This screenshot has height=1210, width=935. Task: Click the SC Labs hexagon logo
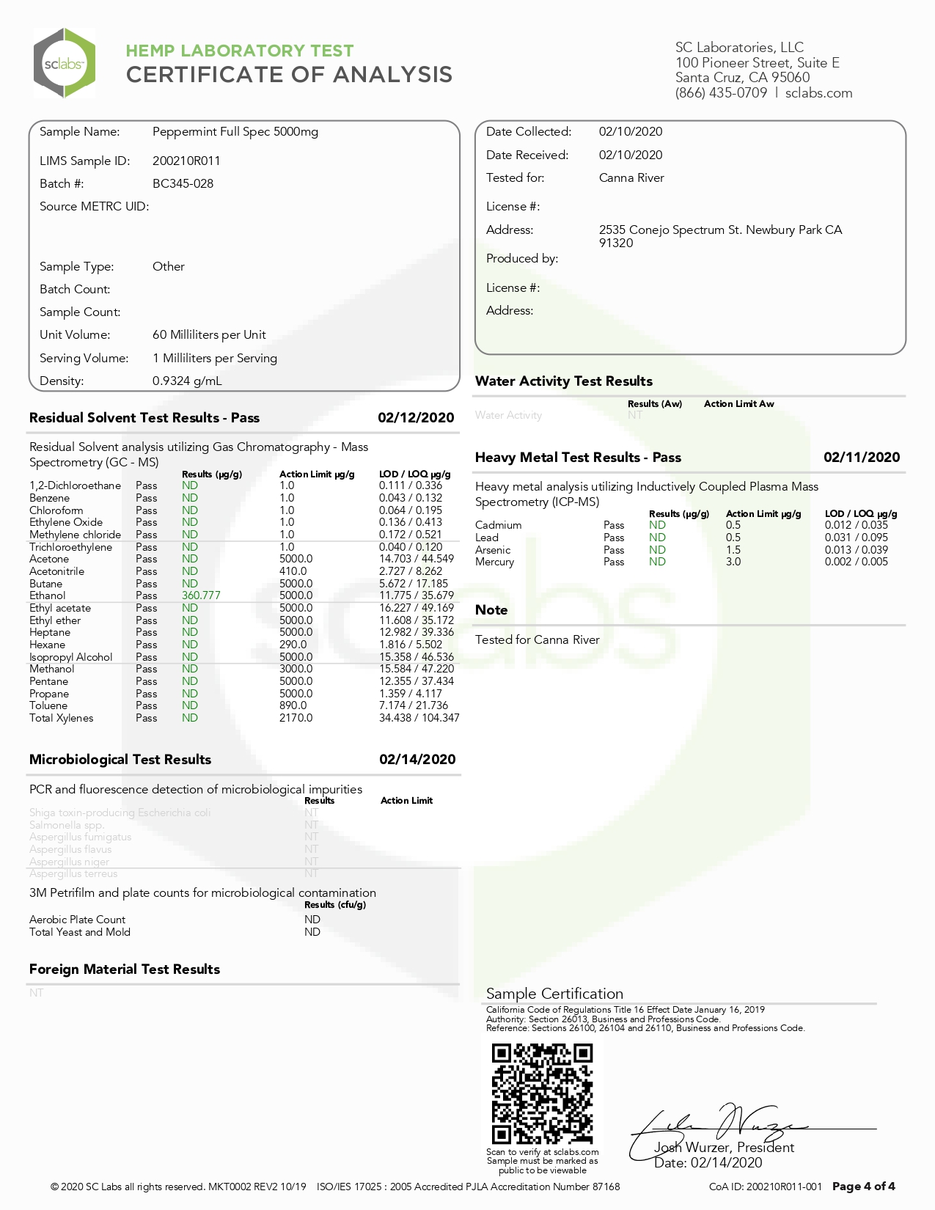pos(65,63)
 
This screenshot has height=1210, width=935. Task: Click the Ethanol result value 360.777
pos(201,595)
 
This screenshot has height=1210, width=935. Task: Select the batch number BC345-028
pos(183,183)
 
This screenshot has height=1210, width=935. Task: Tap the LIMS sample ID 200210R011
pos(186,161)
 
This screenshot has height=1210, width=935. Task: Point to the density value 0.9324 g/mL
pos(187,381)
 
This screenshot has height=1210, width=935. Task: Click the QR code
pos(542,1093)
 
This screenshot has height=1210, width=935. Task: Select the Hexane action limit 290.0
pos(293,645)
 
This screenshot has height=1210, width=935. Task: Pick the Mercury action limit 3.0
pos(733,562)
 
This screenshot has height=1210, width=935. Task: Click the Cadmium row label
pos(498,525)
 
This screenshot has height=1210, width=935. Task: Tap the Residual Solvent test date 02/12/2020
pos(416,418)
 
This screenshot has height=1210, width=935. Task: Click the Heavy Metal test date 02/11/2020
pos(862,458)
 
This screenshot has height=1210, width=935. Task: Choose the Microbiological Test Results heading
pos(120,760)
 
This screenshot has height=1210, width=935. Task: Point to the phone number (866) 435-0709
pos(721,93)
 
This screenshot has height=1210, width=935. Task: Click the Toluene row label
pos(48,705)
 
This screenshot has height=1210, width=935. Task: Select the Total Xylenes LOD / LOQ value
pos(419,718)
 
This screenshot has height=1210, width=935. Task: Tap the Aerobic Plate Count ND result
pos(312,920)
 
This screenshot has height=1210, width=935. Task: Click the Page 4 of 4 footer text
pos(863,1187)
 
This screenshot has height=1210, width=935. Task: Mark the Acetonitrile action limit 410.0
pos(293,571)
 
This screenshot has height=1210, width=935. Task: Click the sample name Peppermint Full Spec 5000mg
pos(235,132)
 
